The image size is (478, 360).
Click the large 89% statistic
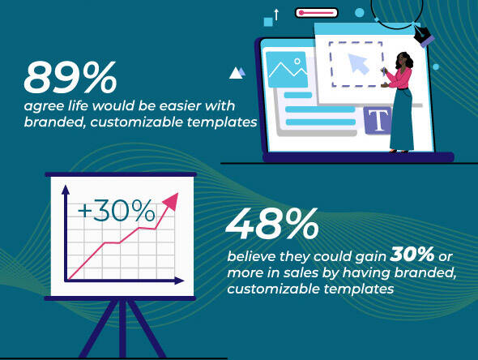[x=70, y=77]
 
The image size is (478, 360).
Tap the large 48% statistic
[x=272, y=224]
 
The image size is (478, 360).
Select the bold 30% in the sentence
[x=412, y=254]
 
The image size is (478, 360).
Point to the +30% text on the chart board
[x=116, y=210]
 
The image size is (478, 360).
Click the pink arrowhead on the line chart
[x=171, y=201]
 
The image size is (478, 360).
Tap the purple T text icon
[x=378, y=121]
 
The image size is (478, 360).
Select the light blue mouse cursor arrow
[x=358, y=63]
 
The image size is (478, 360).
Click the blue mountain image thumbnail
[x=287, y=70]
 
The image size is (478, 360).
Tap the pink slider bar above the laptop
[x=317, y=13]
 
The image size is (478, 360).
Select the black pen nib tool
[x=424, y=35]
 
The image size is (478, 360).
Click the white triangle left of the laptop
[x=235, y=73]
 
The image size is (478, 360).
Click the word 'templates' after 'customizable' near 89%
[x=222, y=122]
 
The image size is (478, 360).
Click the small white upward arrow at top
[x=276, y=15]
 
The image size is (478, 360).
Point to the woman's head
[x=403, y=60]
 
